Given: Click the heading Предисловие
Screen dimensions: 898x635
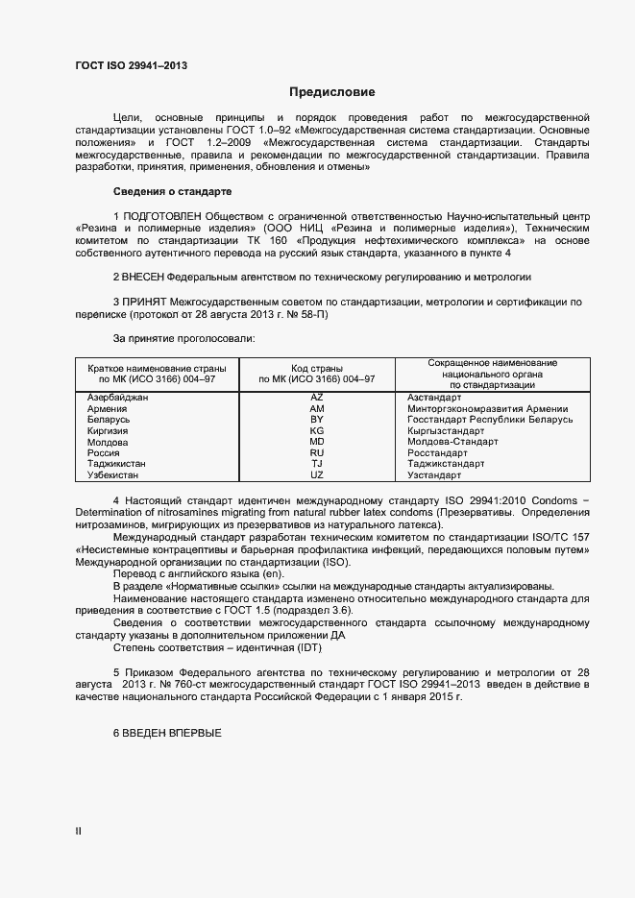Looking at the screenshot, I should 332,92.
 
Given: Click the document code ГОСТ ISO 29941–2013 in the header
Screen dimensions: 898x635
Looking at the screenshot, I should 131,65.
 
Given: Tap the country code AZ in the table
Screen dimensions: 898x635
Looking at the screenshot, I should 317,398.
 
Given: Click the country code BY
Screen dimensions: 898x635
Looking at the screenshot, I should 317,420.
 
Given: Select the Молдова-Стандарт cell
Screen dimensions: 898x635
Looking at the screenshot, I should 452,442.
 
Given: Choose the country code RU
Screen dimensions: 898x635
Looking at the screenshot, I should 317,452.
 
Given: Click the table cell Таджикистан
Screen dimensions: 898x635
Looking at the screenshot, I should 119,464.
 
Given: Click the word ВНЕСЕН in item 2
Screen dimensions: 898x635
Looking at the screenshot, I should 143,277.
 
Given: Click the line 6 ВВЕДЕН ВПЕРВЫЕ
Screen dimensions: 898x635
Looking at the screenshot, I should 167,734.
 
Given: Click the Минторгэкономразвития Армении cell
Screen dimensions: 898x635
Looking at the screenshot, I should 487,409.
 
